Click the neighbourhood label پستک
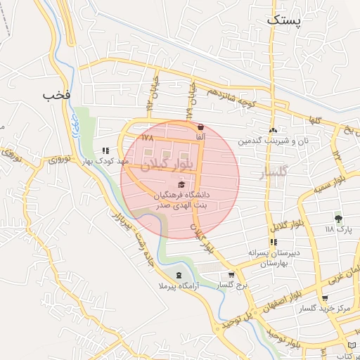pyautogui.click(x=283, y=20)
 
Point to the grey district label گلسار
pyautogui.click(x=274, y=172)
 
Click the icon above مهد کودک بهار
pyautogui.click(x=106, y=150)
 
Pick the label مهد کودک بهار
pyautogui.click(x=106, y=162)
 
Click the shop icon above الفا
pyautogui.click(x=201, y=127)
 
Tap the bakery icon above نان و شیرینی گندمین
pyautogui.click(x=272, y=130)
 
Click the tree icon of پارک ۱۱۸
pyautogui.click(x=338, y=219)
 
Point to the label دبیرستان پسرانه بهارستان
pyautogui.click(x=263, y=257)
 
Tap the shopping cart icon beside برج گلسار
pyautogui.click(x=231, y=275)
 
